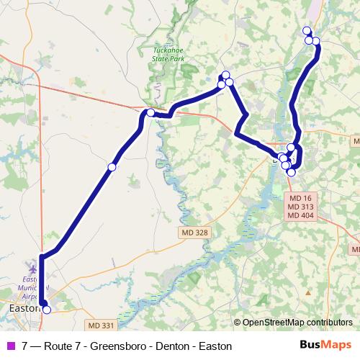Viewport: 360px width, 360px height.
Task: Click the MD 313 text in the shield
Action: (x=302, y=207)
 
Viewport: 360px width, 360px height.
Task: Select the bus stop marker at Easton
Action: (x=47, y=310)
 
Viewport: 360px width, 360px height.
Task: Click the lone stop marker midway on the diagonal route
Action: (x=112, y=167)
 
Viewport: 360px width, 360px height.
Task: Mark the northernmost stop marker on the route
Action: (x=307, y=30)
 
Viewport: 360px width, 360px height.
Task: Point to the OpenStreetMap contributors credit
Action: (x=297, y=323)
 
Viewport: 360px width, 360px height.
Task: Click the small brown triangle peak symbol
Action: (x=307, y=293)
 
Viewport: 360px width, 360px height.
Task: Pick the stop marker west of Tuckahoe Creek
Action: (x=150, y=112)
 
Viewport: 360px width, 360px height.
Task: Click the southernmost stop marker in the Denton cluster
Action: (x=291, y=172)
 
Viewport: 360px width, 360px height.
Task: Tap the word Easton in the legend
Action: (x=215, y=346)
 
